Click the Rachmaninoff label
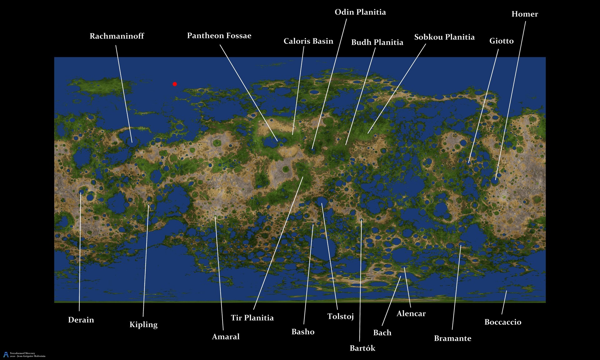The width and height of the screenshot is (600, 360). coord(117,36)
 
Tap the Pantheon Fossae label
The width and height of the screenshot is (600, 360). coord(219,36)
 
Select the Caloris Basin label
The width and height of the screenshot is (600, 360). coord(308,41)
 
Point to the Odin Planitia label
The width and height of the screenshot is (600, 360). coord(360,12)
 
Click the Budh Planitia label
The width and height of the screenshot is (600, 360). coord(377,42)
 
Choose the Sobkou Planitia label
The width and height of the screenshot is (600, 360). coord(444,37)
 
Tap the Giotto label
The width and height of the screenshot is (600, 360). coord(501,41)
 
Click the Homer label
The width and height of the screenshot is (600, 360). coord(524,14)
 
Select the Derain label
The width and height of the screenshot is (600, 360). coord(81,320)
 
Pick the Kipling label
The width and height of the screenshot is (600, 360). coord(143,324)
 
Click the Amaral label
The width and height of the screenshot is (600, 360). coord(226,337)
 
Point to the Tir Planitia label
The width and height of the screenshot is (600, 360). coord(252,318)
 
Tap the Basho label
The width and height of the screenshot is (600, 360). coord(303,332)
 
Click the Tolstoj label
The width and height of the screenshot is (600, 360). coord(340,317)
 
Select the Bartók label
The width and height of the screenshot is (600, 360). coord(362,348)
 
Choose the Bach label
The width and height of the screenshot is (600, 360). coord(382,332)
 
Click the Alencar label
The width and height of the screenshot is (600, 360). coord(411,313)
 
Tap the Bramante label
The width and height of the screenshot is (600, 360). coord(452,338)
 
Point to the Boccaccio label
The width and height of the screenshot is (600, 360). coord(502,322)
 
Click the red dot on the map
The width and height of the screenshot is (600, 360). coord(175,84)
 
